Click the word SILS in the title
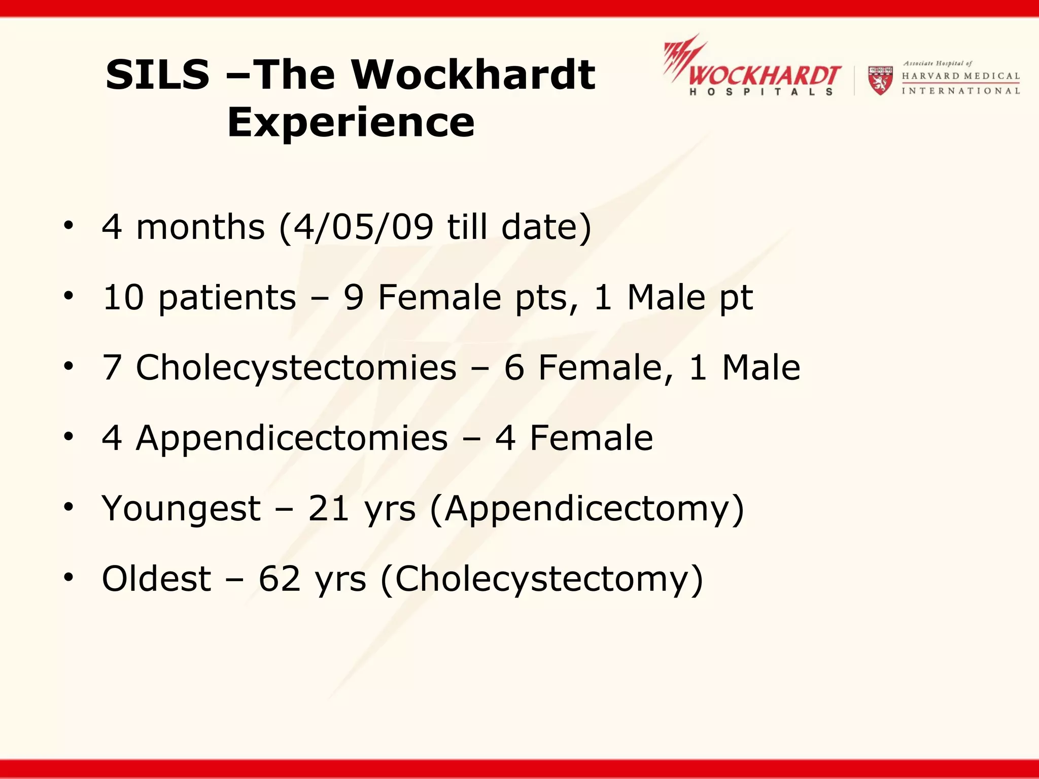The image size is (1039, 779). coord(157,75)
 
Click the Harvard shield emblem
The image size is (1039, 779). coord(880,80)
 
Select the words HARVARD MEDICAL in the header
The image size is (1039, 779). coord(960,76)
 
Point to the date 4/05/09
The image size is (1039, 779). coord(363,227)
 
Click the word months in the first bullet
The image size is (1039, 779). coord(200,227)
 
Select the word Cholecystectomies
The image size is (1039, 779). coord(296,368)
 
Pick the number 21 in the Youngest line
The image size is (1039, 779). coord(328,508)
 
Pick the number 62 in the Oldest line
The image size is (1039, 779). coord(279,579)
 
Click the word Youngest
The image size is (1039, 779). coord(181,509)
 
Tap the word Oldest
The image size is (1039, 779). coord(156,579)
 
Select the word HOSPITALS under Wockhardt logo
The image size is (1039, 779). coord(761,92)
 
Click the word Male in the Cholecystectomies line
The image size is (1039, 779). coord(761,368)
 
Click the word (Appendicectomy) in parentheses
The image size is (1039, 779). coord(587,509)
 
